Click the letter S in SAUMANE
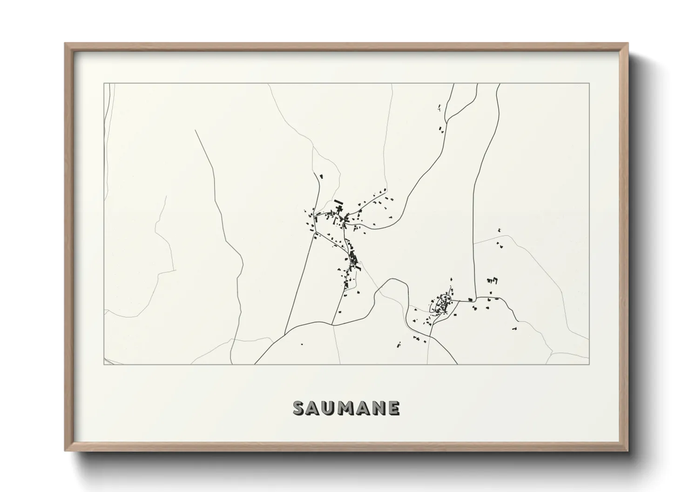coord(299,408)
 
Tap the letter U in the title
coord(329,408)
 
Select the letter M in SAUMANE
coord(346,408)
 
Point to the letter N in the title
coord(378,408)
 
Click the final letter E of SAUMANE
coord(393,408)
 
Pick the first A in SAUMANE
coord(314,408)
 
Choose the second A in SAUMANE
coord(363,408)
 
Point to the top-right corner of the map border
coord(589,83)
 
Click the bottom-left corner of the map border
coord(104,364)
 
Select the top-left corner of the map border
coord(104,83)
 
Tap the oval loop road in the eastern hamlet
coord(440,305)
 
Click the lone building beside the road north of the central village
coord(320,176)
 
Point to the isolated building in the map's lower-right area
coord(515,328)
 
